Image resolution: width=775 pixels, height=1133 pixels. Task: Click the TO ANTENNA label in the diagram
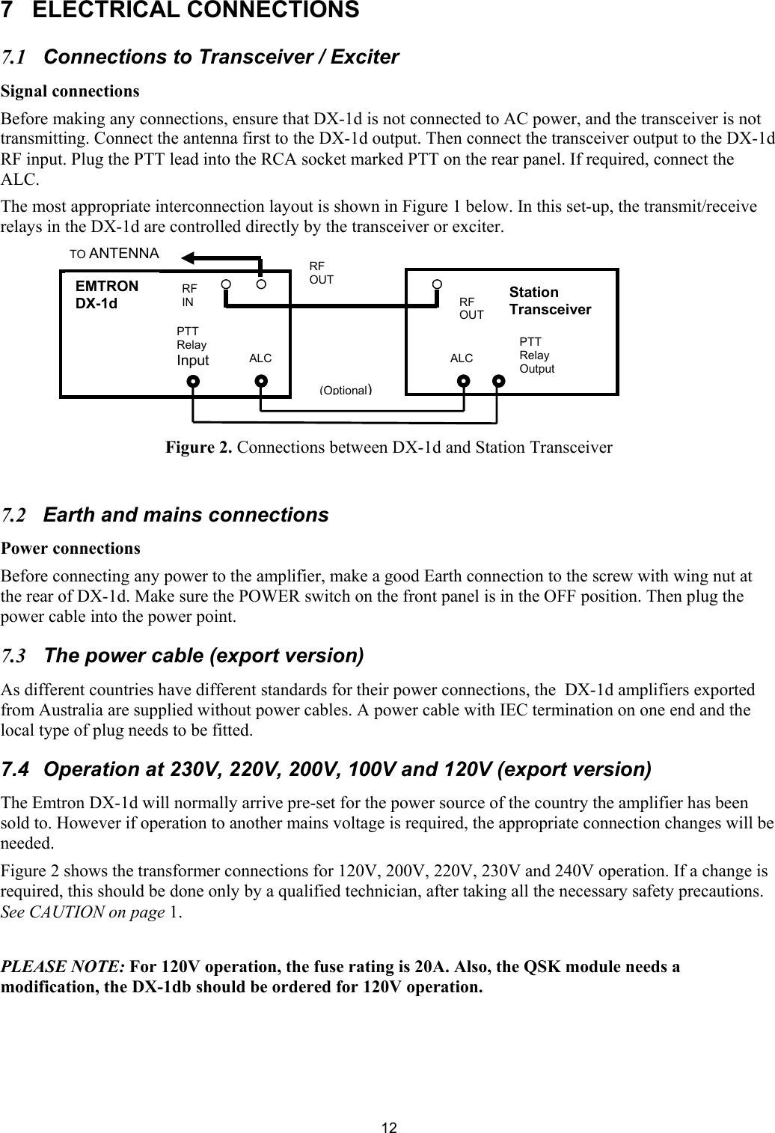tap(114, 254)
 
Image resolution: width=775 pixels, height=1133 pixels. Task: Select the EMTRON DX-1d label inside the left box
tap(107, 295)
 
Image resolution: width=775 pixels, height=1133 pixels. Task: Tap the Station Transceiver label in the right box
tap(550, 301)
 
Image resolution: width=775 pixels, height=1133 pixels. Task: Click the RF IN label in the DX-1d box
tap(189, 295)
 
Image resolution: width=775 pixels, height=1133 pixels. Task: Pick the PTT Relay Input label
tap(192, 345)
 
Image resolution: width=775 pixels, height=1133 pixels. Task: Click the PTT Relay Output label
tap(536, 355)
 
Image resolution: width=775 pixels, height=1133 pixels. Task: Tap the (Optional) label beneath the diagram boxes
tap(346, 390)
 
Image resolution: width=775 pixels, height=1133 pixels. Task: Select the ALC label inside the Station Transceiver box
tap(462, 358)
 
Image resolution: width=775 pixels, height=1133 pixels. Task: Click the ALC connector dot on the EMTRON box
tap(260, 380)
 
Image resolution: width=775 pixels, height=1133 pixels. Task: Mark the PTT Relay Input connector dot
tap(194, 380)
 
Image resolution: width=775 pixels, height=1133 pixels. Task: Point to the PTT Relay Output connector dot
tap(499, 380)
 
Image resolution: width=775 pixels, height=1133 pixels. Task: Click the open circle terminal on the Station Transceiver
tap(438, 284)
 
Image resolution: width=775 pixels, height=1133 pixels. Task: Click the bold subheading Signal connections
tap(70, 91)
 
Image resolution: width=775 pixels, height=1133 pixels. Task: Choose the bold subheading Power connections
tap(70, 548)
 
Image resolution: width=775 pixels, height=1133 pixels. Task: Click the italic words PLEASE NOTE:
tap(64, 966)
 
